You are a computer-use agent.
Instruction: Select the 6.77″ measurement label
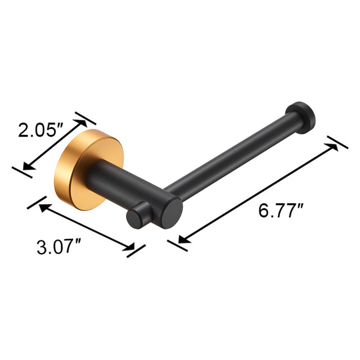(281, 211)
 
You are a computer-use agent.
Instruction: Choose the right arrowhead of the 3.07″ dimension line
(130, 245)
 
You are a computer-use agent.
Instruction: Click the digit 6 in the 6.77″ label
(263, 211)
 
